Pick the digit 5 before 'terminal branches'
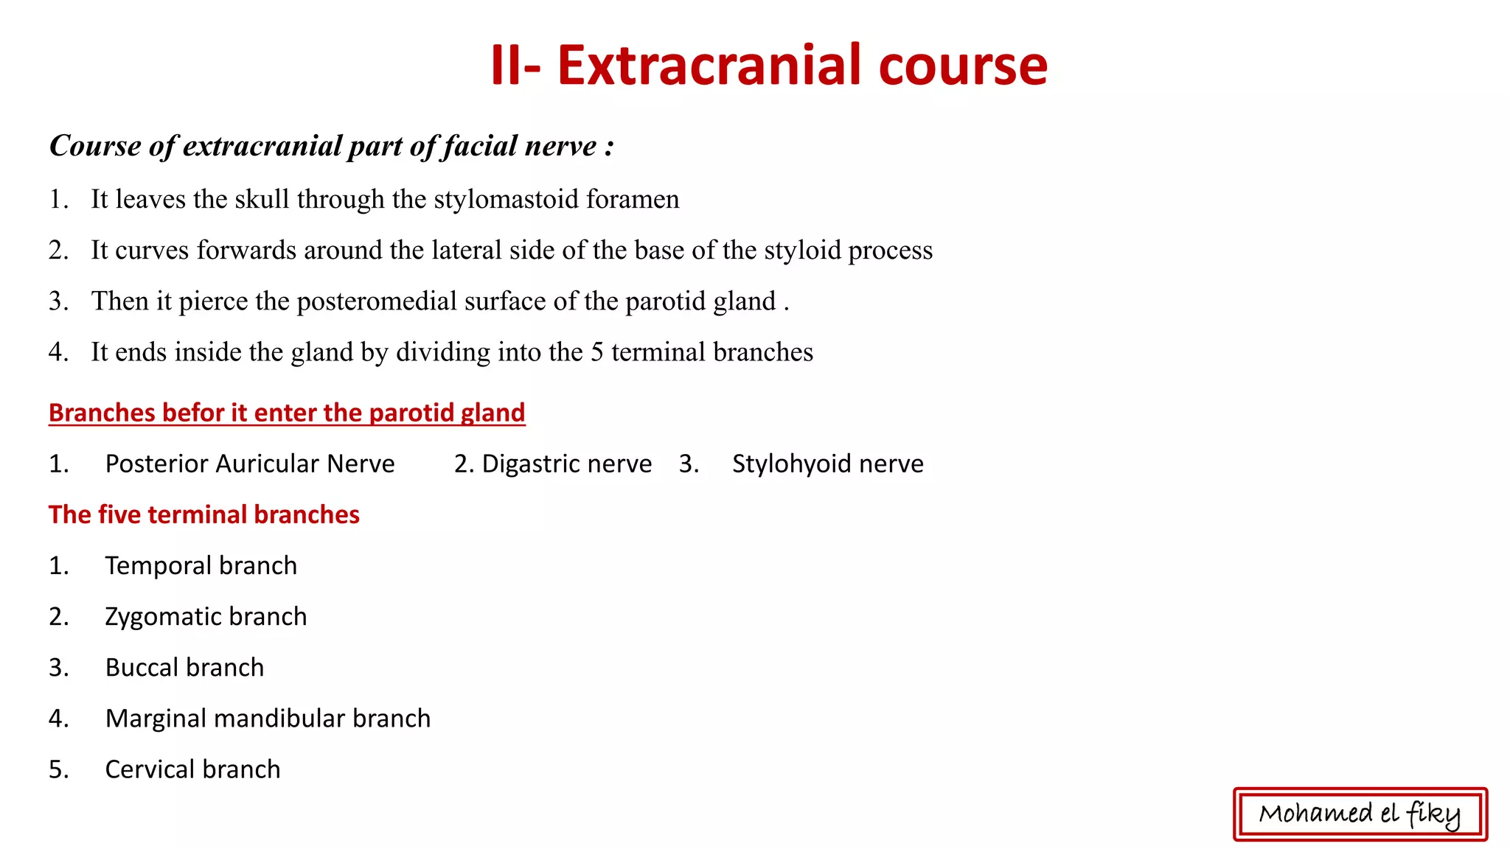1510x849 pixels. point(597,352)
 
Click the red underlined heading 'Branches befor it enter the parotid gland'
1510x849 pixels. point(287,413)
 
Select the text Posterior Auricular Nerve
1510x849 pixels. point(250,464)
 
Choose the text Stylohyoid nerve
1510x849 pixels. point(827,464)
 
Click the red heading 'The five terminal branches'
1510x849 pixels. point(204,514)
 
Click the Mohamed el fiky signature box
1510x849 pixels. point(1360,814)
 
